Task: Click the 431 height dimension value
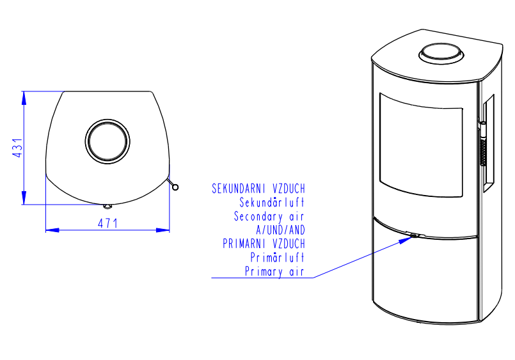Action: (17, 148)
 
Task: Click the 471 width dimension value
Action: (107, 224)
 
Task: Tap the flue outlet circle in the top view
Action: (107, 141)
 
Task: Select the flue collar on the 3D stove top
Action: (441, 54)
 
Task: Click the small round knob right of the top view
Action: (175, 187)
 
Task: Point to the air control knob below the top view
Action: (107, 207)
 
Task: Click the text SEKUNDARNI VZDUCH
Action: (258, 189)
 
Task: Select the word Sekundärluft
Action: (272, 203)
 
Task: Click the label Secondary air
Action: (269, 217)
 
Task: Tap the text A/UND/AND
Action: (280, 230)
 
